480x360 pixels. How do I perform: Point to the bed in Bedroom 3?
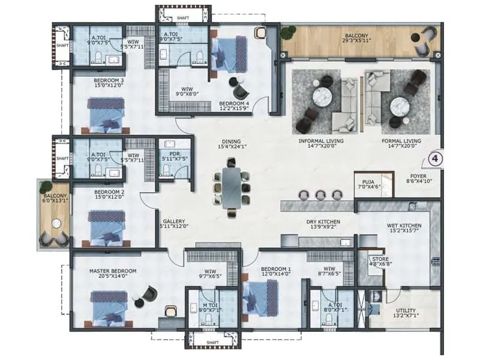pyautogui.click(x=107, y=114)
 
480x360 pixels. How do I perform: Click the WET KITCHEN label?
pyautogui.click(x=404, y=226)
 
